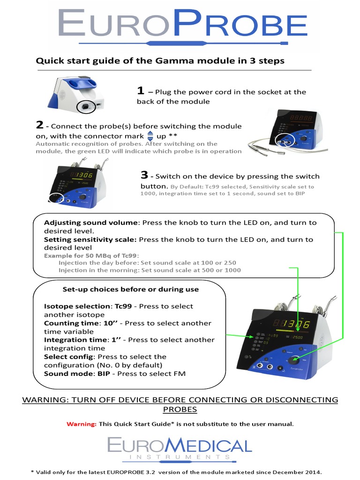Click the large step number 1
140,90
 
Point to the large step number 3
144,175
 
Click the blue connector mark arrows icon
150,136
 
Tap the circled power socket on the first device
85,107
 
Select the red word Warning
81,424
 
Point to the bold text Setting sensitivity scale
90,240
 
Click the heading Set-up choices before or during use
130,289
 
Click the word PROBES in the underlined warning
180,409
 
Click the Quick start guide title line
160,61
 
